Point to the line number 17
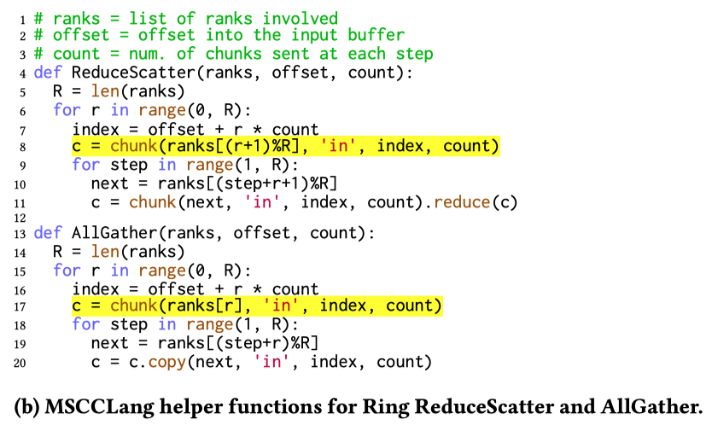click(x=18, y=307)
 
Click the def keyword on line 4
click(x=47, y=73)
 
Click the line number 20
click(x=18, y=363)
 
